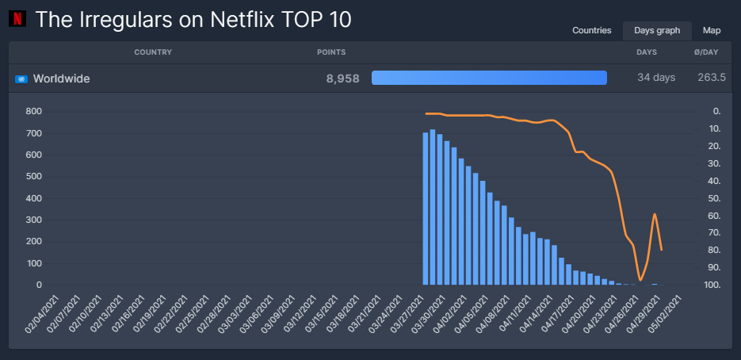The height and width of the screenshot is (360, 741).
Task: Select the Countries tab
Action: (x=592, y=31)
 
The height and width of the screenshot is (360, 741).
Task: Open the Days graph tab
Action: (x=657, y=31)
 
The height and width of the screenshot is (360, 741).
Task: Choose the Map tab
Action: (x=712, y=31)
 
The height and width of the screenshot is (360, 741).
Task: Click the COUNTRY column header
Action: (x=153, y=52)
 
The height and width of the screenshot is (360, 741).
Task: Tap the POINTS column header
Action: (x=331, y=52)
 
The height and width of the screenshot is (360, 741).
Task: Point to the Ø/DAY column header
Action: (x=705, y=52)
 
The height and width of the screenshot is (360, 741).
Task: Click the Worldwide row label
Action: (x=61, y=79)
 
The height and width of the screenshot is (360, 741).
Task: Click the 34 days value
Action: (x=656, y=78)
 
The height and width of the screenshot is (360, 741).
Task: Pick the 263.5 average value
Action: (x=712, y=78)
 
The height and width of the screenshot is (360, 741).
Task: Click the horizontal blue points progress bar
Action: (x=489, y=78)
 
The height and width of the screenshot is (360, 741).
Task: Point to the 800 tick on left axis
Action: (x=33, y=112)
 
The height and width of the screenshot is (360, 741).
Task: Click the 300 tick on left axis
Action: (x=33, y=220)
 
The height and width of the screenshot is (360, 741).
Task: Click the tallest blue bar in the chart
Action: (x=433, y=207)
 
